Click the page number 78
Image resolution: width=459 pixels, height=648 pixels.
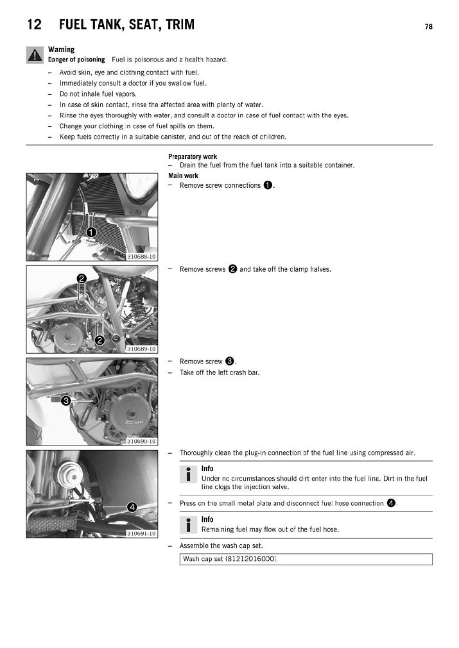point(428,27)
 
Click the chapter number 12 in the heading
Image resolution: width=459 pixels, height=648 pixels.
point(35,25)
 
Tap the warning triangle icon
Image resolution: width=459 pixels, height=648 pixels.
point(35,55)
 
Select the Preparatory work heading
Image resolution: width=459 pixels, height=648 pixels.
point(192,156)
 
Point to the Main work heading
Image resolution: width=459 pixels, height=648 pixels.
point(183,176)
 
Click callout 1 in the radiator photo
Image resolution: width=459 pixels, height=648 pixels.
point(91,232)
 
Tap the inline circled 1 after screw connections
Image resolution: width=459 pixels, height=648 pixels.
point(268,185)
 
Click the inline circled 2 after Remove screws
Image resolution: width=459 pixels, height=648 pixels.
point(232,269)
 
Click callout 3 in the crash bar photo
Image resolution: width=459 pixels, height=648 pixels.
point(66,402)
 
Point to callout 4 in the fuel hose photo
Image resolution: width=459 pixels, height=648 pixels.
point(131,507)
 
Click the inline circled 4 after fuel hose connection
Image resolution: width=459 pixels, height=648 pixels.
point(391,503)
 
